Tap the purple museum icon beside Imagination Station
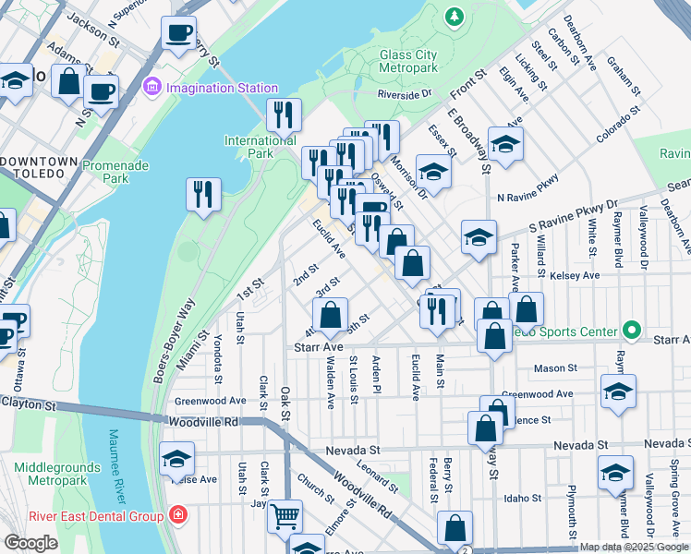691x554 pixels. (152, 89)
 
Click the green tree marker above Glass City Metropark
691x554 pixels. (454, 17)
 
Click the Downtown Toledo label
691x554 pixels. (39, 162)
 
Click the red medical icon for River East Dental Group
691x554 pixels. (177, 515)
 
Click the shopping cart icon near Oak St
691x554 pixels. (285, 515)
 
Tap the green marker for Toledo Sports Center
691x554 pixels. (631, 330)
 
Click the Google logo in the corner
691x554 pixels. (30, 543)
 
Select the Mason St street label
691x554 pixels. (555, 368)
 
